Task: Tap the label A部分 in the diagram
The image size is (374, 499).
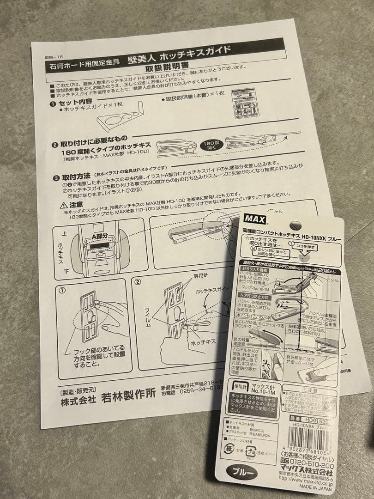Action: coord(99,235)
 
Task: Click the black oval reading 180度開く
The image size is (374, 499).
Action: coord(210,145)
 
